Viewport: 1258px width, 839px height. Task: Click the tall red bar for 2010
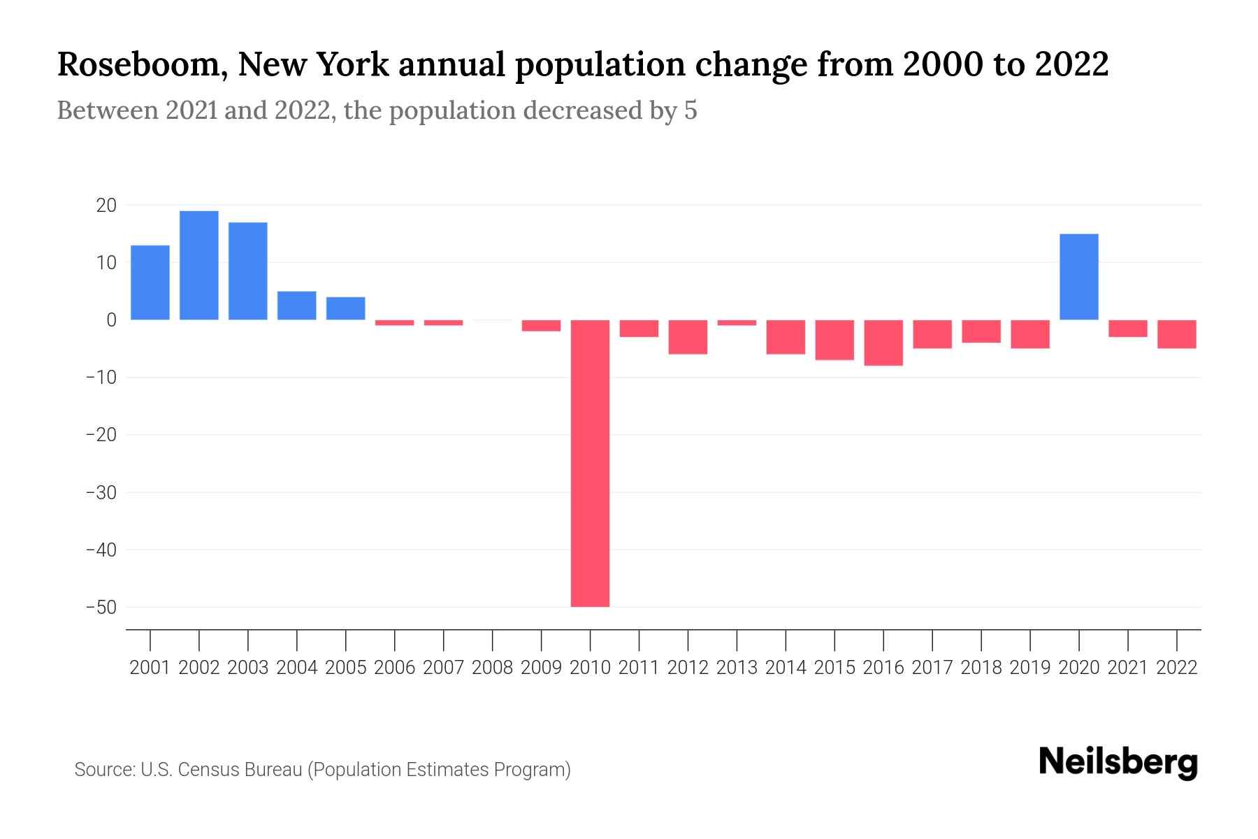590,463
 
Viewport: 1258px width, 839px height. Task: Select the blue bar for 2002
199,265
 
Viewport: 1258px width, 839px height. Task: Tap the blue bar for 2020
1079,277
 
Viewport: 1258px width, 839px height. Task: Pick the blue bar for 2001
150,282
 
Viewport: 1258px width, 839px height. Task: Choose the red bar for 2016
883,343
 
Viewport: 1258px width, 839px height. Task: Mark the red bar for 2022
1177,334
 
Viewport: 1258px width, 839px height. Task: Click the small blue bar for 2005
346,308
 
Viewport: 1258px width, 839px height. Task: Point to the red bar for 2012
688,337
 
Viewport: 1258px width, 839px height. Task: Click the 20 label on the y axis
107,206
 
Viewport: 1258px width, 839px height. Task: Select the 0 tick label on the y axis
111,320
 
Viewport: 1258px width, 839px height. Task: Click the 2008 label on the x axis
492,668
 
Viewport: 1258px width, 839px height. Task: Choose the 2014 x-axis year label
786,668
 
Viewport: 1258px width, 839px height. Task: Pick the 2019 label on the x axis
1030,668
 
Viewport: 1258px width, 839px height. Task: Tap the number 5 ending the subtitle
691,111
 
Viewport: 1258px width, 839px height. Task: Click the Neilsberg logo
1118,762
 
